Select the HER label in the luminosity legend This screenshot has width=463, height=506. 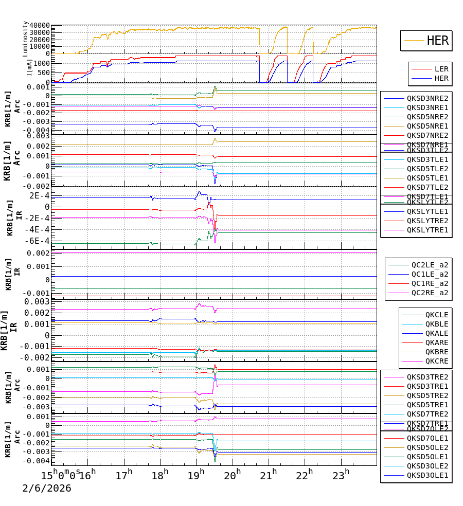pos(438,41)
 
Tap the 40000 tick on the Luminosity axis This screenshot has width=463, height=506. pos(39,26)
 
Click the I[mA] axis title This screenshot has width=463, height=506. pos(29,67)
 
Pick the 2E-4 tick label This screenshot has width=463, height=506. pos(39,196)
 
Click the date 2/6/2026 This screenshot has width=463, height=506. pos(47,488)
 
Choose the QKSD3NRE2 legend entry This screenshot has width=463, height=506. pos(428,98)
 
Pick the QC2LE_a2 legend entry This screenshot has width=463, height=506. pos(430,265)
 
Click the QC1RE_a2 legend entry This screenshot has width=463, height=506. pos(430,283)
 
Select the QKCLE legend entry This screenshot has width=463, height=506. pos(437,315)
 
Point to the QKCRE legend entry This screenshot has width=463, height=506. pos(437,361)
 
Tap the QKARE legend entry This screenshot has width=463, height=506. pos(437,342)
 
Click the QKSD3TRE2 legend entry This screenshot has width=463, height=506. pos(428,377)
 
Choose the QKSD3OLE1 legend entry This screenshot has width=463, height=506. pos(428,475)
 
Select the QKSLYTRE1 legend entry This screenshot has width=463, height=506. pos(428,230)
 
